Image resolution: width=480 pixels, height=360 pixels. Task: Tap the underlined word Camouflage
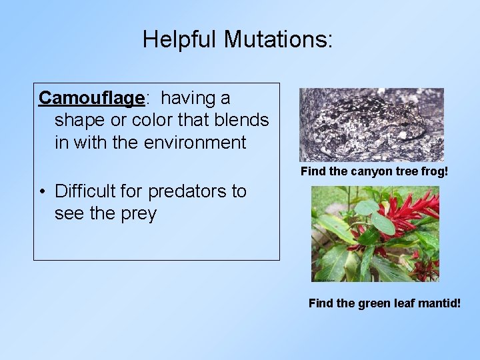91,98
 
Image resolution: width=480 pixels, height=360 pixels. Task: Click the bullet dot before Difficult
42,192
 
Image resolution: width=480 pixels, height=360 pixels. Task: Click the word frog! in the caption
433,171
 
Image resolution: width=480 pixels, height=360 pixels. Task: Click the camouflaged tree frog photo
371,125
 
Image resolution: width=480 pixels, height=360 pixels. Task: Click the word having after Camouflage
195,98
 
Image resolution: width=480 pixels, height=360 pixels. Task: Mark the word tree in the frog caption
400,171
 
